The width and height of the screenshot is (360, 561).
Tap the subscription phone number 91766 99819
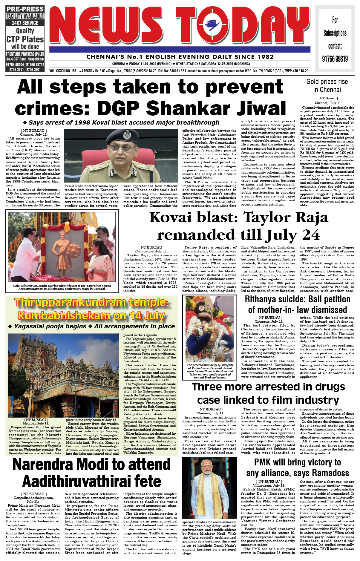[335, 59]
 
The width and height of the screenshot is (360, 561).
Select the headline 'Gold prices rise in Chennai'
[327, 86]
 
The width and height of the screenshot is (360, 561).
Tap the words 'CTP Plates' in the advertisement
[25, 39]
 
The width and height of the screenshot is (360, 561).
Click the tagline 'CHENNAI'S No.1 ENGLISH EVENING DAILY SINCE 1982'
[180, 57]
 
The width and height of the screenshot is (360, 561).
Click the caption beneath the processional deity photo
[210, 371]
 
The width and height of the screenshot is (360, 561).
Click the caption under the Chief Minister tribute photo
[62, 287]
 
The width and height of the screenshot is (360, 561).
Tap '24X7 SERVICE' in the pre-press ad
[25, 23]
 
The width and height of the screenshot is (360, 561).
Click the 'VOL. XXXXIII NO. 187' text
[63, 71]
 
